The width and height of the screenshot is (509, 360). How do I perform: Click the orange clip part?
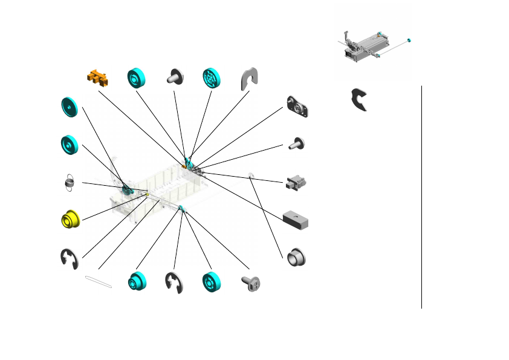click(x=98, y=77)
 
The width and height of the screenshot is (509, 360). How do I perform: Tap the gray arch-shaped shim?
click(x=248, y=77)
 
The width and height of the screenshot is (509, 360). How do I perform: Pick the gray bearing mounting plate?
click(x=298, y=107)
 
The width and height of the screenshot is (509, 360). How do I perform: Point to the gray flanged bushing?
click(x=296, y=256)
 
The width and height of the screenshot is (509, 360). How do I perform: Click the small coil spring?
click(x=70, y=183)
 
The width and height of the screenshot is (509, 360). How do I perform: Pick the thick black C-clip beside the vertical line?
click(x=361, y=100)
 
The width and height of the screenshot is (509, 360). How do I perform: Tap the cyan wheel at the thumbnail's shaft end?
click(x=409, y=40)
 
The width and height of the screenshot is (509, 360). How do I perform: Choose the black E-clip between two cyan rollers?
click(x=175, y=283)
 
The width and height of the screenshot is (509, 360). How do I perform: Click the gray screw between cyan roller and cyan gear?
click(x=176, y=77)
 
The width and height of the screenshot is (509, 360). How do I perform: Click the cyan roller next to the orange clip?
click(x=137, y=77)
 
